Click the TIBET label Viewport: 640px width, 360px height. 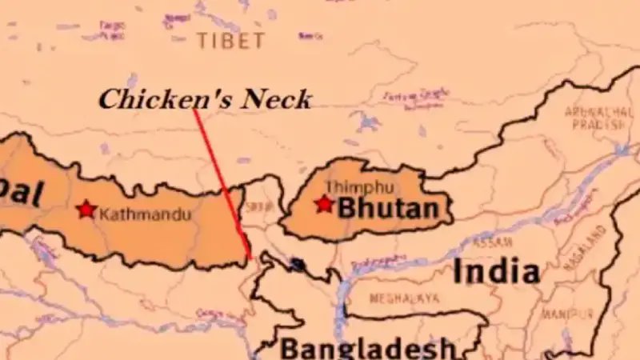click(230, 41)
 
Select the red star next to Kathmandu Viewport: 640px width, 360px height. click(86, 210)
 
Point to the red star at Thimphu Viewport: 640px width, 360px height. click(323, 204)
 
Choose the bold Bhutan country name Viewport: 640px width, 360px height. click(388, 210)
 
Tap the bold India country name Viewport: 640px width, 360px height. click(496, 272)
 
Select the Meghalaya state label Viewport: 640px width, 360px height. click(405, 298)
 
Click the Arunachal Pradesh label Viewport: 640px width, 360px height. click(594, 118)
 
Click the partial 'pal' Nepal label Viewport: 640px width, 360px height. click(18, 194)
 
